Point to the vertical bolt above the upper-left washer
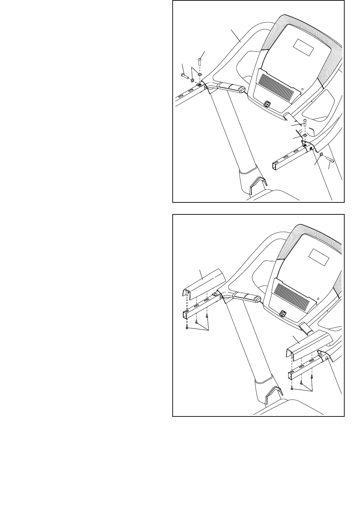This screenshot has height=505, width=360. click(x=199, y=63)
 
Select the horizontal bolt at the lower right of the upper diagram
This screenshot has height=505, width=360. click(x=330, y=159)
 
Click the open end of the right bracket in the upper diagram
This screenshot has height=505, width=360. click(x=275, y=167)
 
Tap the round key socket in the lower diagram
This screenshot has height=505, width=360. click(x=282, y=313)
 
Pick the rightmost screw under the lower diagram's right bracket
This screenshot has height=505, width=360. click(x=312, y=376)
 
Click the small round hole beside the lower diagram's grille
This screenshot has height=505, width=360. click(x=318, y=298)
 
